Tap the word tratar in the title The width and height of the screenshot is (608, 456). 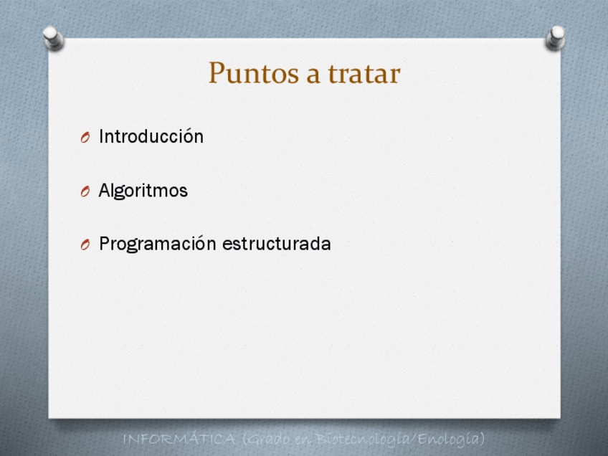point(364,74)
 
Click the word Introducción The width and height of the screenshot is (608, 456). point(151,136)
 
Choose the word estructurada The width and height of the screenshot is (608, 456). point(277,244)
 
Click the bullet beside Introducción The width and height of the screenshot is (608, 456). point(85,137)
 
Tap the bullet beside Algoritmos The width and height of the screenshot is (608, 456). point(85,191)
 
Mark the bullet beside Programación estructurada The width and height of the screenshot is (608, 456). point(85,244)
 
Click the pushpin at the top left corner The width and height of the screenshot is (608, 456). point(53,37)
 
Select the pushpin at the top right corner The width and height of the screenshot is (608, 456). point(555,37)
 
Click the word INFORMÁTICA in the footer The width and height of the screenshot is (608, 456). point(179,440)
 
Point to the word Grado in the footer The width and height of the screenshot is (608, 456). point(267,440)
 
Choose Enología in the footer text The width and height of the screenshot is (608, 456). point(451,440)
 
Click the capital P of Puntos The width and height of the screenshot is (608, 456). point(217,72)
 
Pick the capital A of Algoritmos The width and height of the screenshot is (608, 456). point(105,190)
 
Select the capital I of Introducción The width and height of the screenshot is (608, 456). point(102,136)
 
